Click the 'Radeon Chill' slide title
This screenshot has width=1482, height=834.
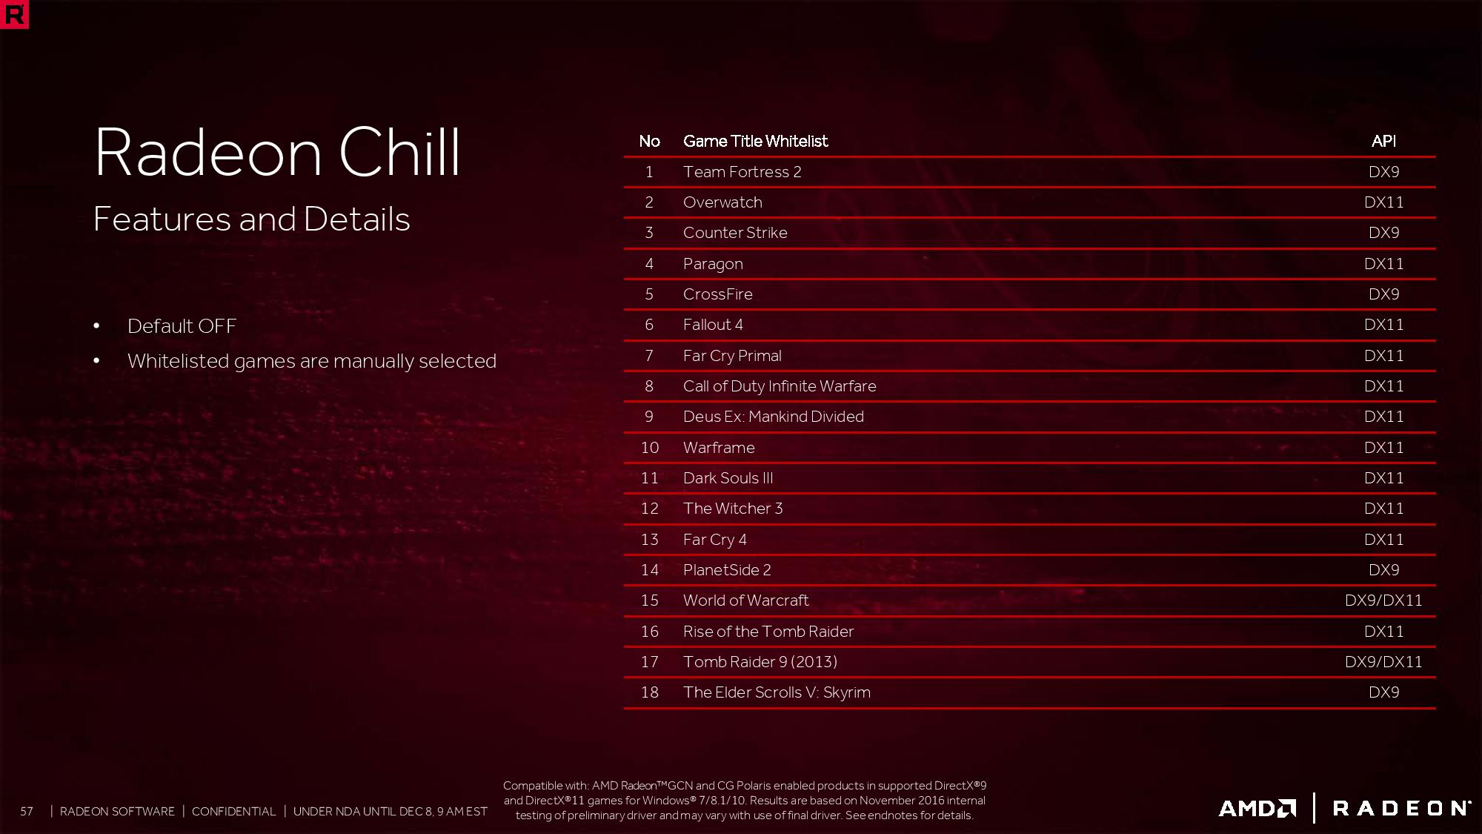tap(278, 152)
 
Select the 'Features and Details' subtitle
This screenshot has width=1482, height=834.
tap(252, 219)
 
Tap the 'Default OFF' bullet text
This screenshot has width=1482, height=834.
tap(182, 326)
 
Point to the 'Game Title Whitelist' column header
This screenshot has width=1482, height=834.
tap(755, 141)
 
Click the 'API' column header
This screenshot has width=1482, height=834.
tap(1383, 141)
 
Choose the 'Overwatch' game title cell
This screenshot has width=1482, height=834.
tap(722, 202)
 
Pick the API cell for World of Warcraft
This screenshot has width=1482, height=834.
tap(1383, 600)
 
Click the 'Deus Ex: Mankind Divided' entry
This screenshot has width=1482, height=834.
tap(774, 417)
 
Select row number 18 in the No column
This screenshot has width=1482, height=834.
tap(650, 692)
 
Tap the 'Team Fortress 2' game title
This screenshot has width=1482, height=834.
tap(742, 172)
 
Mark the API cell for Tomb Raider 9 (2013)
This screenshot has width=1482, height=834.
tap(1383, 662)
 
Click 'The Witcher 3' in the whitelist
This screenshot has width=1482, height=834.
tap(733, 509)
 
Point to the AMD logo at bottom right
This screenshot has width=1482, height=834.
tap(1257, 808)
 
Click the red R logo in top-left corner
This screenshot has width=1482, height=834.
tap(14, 15)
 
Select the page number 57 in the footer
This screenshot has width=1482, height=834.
tap(27, 812)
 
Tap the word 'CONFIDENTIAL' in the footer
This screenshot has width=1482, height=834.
tap(233, 812)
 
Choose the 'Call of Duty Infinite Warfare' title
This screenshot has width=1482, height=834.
tap(780, 386)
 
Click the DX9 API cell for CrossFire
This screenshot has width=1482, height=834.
tap(1383, 294)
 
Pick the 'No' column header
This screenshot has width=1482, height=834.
tap(650, 141)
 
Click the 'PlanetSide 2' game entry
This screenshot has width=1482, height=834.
tap(727, 570)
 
